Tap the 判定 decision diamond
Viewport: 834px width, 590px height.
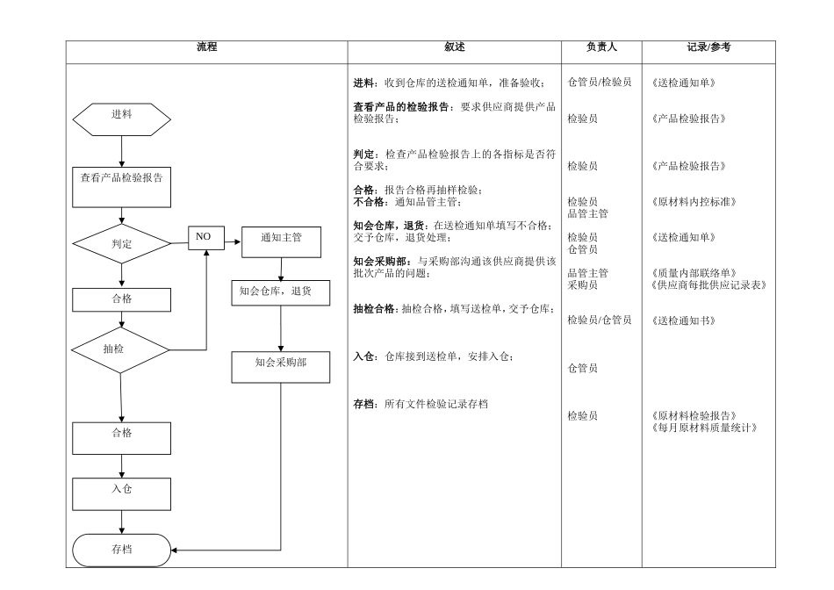121,244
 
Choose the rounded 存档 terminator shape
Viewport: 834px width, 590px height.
121,550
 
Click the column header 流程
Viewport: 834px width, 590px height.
207,47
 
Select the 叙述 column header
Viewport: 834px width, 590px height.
454,47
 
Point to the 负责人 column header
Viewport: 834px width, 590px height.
601,47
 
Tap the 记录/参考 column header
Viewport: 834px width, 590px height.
708,47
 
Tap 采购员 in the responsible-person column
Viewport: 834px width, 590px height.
582,284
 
